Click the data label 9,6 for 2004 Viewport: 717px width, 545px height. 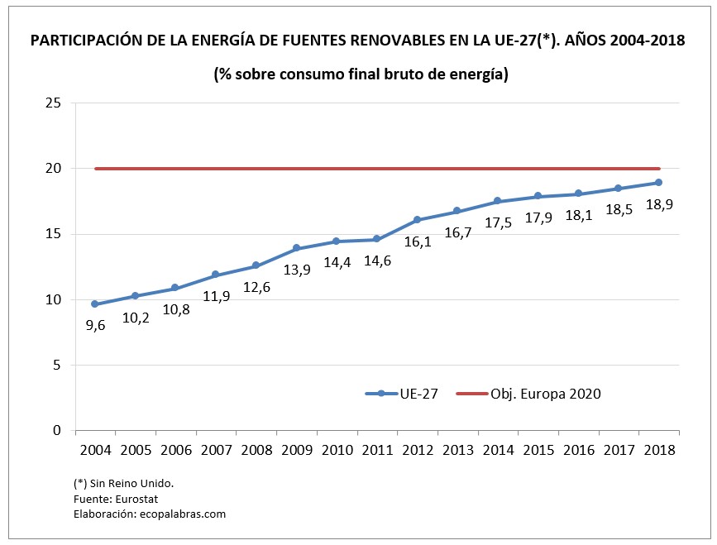tap(95, 326)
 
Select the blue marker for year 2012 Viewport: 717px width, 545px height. tap(417, 220)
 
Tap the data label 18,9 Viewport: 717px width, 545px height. tap(658, 204)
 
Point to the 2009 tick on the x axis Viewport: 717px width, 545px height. tap(297, 451)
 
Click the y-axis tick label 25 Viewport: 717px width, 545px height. tap(54, 103)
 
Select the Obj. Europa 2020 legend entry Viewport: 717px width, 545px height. tap(528, 394)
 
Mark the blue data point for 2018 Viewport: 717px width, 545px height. tap(658, 183)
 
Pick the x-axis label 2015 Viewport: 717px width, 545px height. tap(538, 451)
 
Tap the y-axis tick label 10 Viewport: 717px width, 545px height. tap(54, 299)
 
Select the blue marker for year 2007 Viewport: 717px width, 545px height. tap(216, 275)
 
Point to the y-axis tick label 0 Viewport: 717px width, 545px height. tap(58, 430)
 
